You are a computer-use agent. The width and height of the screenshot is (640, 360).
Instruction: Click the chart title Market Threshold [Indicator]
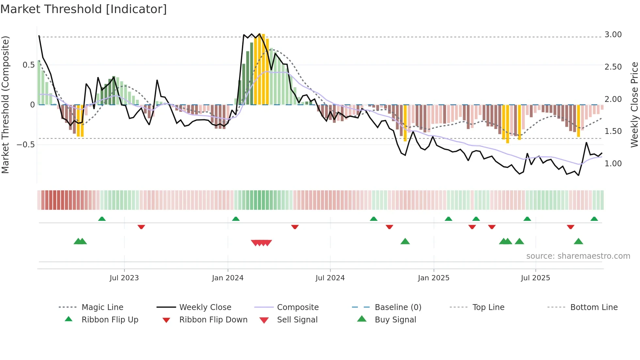(84, 9)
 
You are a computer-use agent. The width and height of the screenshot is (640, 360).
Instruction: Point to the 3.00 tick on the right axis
(613, 35)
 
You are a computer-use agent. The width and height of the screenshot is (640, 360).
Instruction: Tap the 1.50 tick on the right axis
(613, 131)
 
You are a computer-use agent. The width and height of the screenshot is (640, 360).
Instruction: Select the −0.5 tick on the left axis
(25, 144)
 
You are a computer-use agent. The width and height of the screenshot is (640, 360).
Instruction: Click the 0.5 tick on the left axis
(28, 65)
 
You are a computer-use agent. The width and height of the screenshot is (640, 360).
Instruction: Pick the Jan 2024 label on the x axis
(228, 278)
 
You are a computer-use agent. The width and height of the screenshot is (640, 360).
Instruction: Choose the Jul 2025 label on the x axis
(535, 278)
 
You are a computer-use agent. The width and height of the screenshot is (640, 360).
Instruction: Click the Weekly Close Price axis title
(634, 105)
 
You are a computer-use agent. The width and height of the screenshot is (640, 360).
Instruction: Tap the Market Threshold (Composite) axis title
(5, 105)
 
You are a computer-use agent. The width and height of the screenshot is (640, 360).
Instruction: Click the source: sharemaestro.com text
(578, 256)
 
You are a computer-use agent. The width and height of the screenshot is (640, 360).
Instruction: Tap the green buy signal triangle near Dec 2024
(405, 241)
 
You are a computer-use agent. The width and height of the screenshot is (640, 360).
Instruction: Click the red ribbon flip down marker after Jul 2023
(141, 227)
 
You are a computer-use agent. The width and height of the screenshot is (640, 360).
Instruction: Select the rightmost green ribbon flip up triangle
(594, 219)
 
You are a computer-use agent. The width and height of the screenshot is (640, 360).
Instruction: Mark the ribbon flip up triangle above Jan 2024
(236, 219)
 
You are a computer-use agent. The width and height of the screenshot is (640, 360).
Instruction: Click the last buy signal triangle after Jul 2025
(578, 241)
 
